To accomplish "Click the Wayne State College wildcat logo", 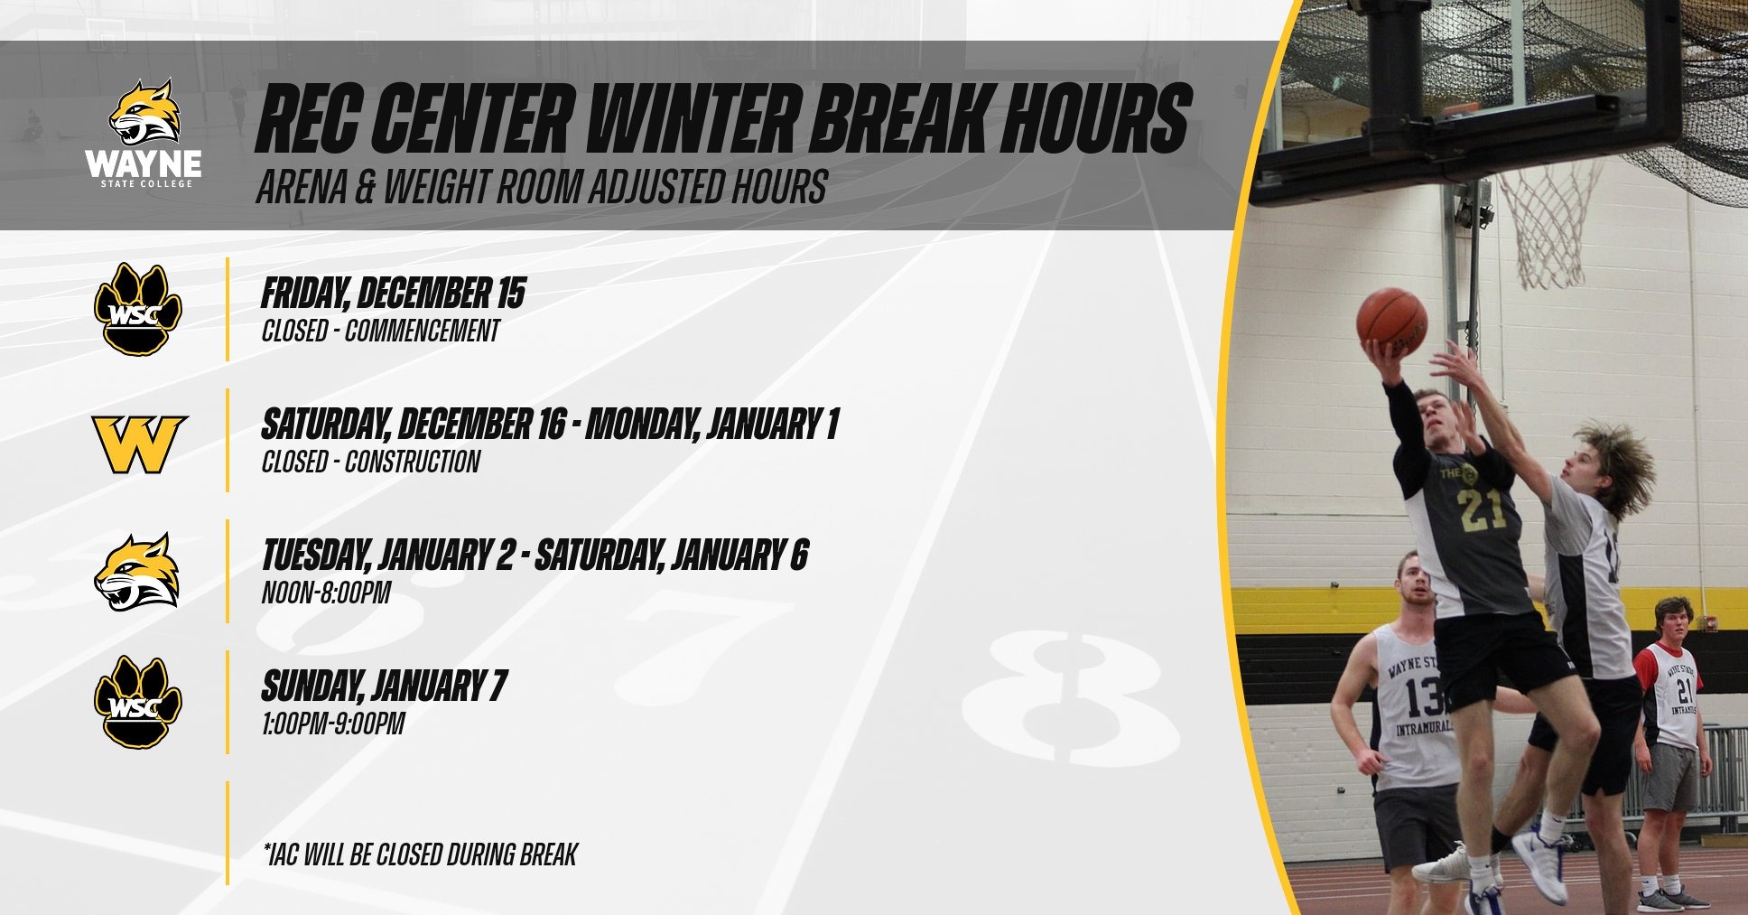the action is point(144,134).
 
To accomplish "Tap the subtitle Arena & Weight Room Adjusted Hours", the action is point(542,187).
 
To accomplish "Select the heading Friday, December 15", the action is point(394,294).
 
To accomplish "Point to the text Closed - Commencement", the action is point(380,331).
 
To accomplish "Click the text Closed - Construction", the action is point(370,462).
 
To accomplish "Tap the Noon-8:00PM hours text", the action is point(326,593).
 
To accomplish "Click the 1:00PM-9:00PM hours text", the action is point(332,724).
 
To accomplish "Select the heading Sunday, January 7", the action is point(384,686).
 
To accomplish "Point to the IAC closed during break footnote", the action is point(419,854).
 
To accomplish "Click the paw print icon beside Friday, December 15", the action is point(139,309).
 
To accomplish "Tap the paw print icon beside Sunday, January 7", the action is point(139,702).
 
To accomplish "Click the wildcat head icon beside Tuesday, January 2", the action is point(137,572).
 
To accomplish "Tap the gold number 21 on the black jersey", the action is point(1483,509).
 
